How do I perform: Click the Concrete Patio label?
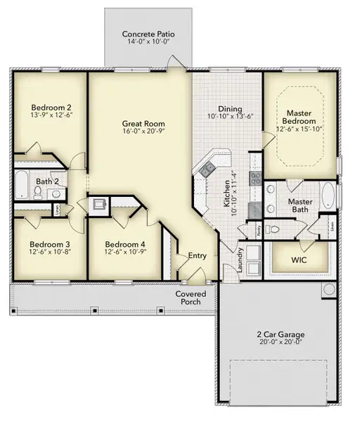148,34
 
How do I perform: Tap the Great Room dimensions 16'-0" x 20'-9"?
143,132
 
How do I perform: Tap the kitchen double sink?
207,168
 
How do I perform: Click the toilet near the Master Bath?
276,230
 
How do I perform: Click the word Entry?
198,255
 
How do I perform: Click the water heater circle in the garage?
328,289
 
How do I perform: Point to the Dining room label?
229,109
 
